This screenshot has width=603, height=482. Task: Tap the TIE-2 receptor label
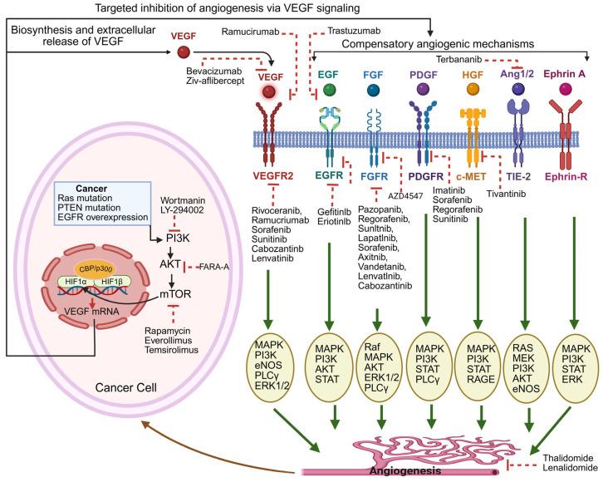(521, 176)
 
